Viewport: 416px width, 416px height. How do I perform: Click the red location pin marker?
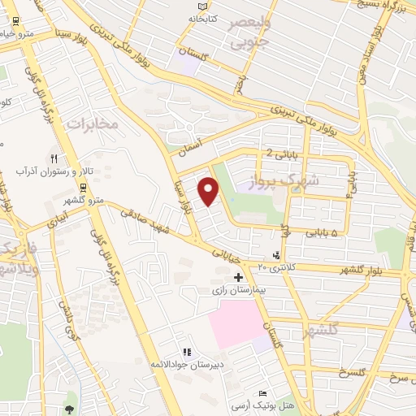[x=210, y=192]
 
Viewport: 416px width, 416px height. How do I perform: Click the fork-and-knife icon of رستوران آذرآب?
[x=54, y=158]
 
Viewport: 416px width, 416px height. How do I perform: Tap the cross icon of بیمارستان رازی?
[x=238, y=277]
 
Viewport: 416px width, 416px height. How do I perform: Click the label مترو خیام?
[x=16, y=33]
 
